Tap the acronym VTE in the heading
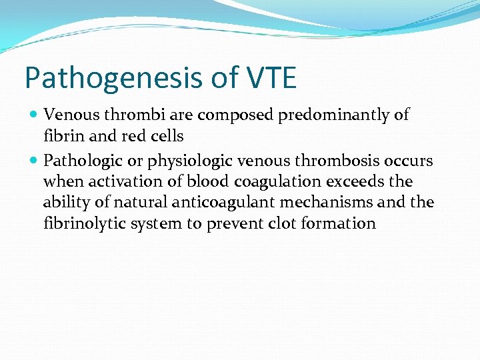click(272, 78)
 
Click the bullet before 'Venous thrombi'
click(34, 115)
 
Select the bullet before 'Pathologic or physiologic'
click(34, 161)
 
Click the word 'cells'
click(166, 136)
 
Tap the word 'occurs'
click(408, 161)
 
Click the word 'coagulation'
click(245, 181)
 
